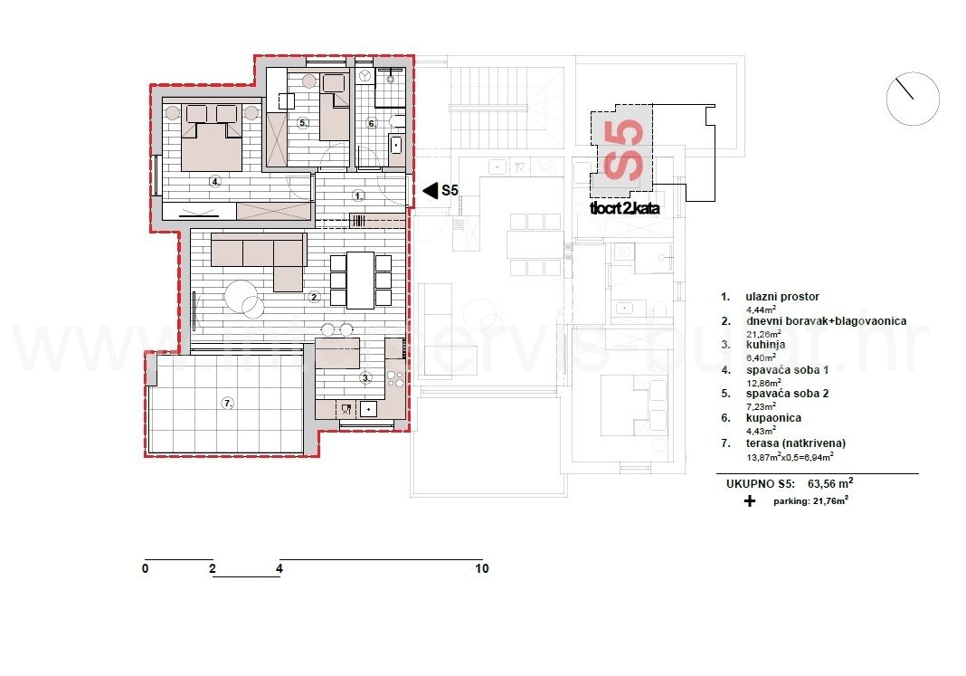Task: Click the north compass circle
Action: [913, 99]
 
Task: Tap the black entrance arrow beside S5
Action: [430, 190]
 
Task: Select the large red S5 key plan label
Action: [623, 150]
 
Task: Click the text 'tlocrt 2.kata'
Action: [618, 207]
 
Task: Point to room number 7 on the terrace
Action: [228, 403]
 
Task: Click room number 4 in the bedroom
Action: [215, 181]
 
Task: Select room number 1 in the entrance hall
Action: [358, 195]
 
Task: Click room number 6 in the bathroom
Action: [371, 123]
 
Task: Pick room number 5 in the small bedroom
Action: [303, 122]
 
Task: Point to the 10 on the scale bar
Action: [481, 569]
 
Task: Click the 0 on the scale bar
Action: [145, 569]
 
